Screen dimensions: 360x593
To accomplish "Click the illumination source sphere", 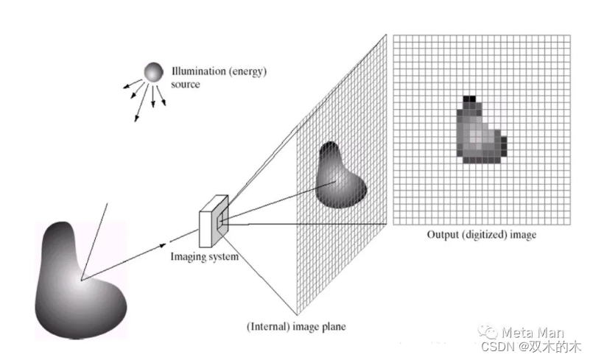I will pyautogui.click(x=153, y=72).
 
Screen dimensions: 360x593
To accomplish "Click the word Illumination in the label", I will pyautogui.click(x=195, y=73).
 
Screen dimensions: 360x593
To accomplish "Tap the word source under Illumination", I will pyautogui.click(x=185, y=85).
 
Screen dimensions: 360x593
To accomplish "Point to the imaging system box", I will pyautogui.click(x=214, y=219).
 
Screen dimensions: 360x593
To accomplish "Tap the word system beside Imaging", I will pyautogui.click(x=225, y=257).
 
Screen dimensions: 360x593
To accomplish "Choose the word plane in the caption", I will pyautogui.click(x=331, y=325).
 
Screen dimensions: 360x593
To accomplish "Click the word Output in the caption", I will pyautogui.click(x=443, y=236).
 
